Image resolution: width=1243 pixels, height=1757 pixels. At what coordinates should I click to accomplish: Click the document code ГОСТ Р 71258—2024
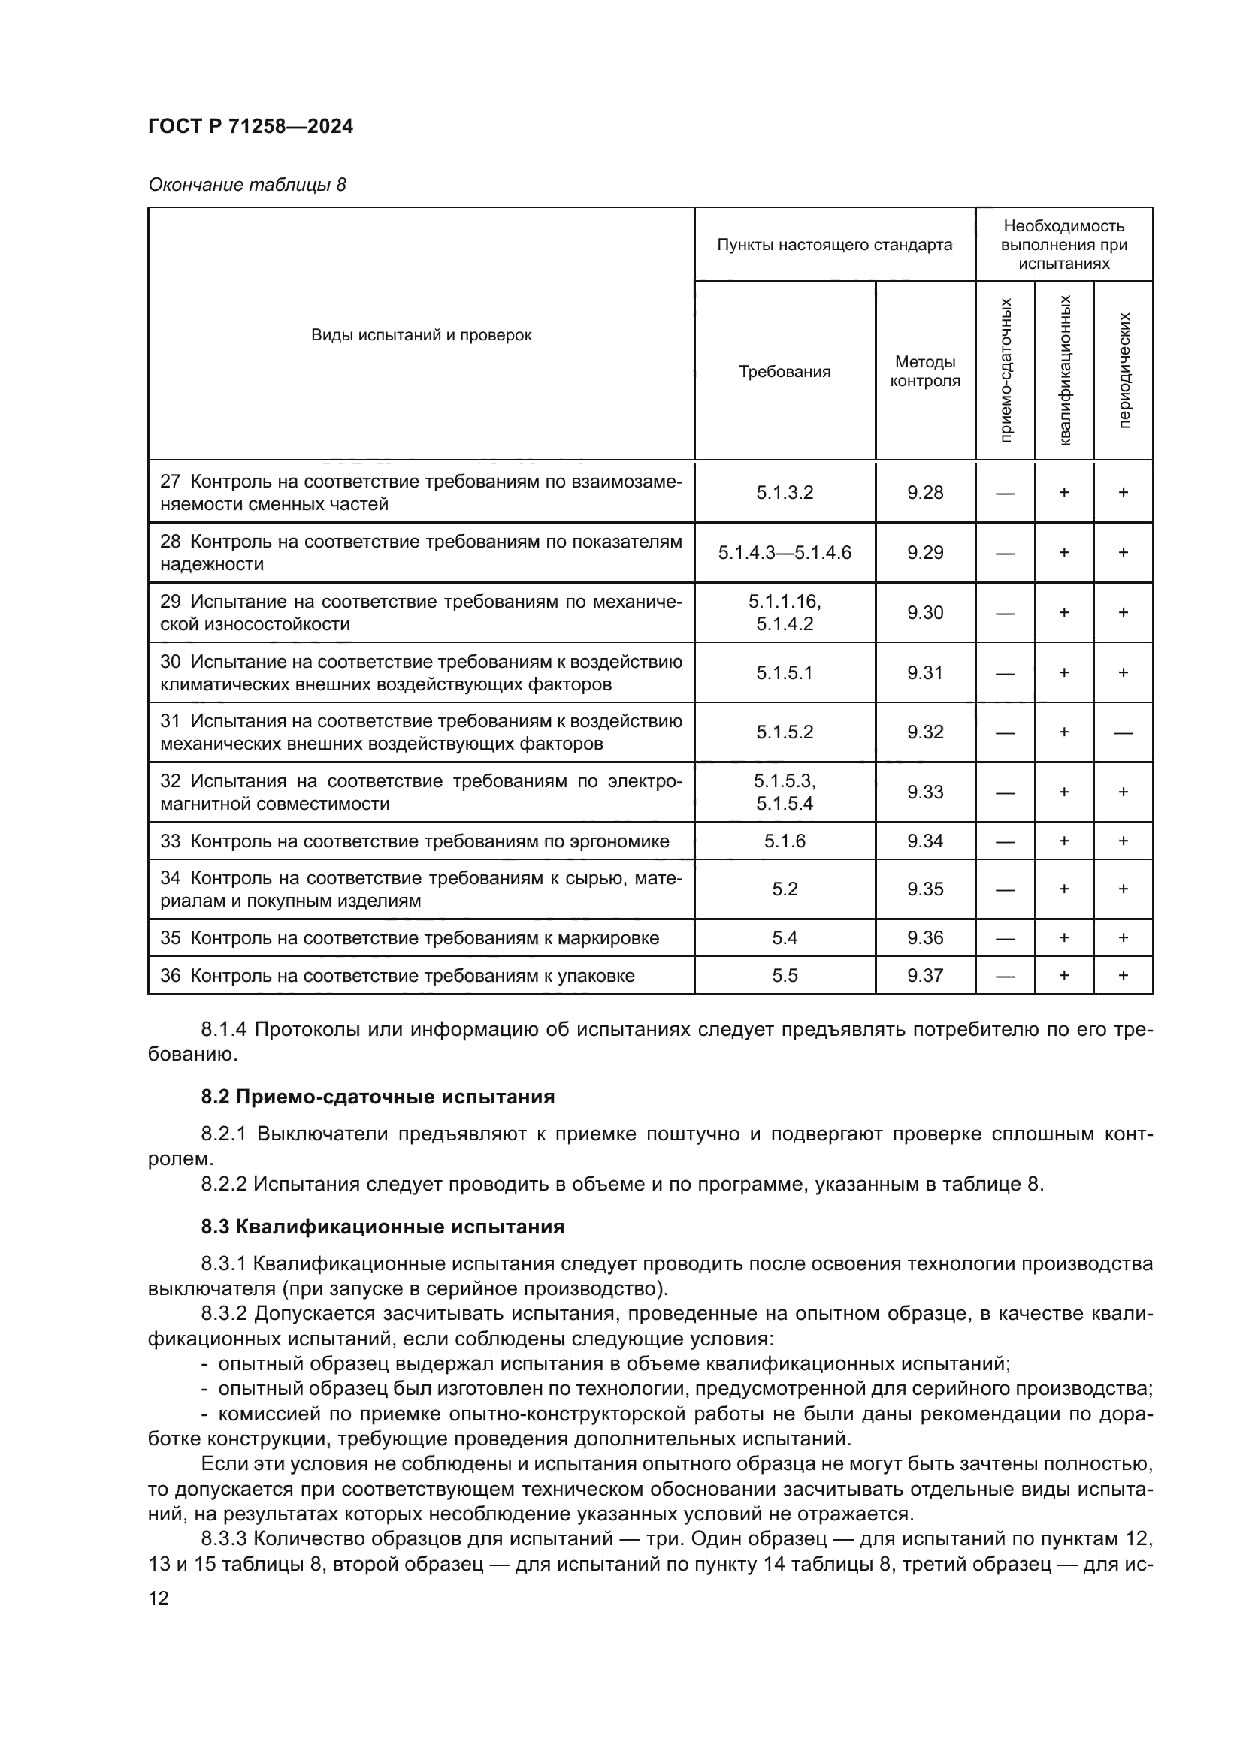click(x=250, y=126)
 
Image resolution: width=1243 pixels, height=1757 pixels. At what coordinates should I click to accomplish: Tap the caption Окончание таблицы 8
click(x=246, y=185)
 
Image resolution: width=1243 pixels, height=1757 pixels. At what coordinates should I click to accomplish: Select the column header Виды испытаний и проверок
click(x=421, y=334)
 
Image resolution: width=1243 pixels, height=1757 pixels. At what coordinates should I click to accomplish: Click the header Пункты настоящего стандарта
click(x=834, y=245)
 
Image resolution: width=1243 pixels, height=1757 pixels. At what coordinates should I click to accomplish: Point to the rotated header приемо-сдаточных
click(x=1005, y=370)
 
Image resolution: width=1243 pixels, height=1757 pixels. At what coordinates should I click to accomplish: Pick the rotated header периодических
click(x=1124, y=370)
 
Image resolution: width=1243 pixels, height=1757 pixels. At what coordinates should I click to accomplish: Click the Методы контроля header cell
click(x=924, y=371)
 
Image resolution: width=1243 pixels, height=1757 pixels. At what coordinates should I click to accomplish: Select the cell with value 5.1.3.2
click(x=785, y=493)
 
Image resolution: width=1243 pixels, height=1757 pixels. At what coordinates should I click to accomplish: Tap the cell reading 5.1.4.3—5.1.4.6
click(x=785, y=553)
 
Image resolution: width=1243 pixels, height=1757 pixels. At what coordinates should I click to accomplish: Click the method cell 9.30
click(x=924, y=612)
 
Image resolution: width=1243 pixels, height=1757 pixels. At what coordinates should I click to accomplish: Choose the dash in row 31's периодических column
click(x=1123, y=732)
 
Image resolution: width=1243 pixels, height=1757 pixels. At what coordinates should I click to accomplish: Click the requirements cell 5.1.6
click(x=785, y=841)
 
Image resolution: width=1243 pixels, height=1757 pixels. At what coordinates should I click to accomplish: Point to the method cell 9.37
click(x=924, y=975)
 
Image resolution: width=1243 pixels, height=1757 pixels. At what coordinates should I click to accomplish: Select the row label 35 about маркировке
click(x=410, y=938)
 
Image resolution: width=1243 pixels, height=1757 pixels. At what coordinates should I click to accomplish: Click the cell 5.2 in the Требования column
click(x=785, y=889)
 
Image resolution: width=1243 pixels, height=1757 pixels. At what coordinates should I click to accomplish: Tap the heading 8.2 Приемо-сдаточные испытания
click(x=377, y=1097)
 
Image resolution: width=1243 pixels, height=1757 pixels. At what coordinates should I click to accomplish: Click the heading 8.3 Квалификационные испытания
click(x=383, y=1227)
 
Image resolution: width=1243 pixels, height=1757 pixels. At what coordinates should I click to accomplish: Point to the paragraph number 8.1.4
click(x=222, y=1029)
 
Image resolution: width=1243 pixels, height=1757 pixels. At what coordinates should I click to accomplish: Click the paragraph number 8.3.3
click(x=222, y=1538)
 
